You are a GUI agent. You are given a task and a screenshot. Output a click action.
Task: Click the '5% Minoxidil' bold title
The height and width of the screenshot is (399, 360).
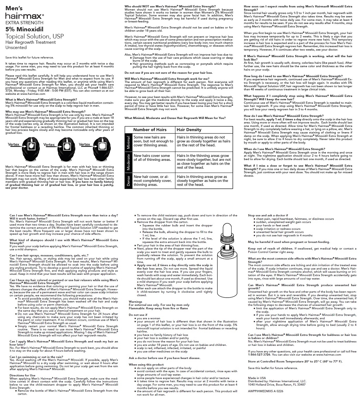tap(24, 29)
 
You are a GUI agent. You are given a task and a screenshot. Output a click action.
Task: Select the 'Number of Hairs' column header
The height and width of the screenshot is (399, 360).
tap(150, 130)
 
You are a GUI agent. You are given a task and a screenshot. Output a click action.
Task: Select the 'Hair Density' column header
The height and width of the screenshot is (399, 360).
tap(189, 130)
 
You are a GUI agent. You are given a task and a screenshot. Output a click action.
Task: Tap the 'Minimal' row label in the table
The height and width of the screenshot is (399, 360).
tap(128, 142)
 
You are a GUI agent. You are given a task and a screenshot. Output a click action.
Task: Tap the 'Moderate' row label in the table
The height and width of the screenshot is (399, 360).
tap(128, 162)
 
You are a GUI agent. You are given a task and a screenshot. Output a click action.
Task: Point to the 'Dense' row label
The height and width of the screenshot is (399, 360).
tap(128, 181)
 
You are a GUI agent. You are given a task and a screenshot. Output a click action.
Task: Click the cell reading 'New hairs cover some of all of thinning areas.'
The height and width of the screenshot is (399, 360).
tap(152, 158)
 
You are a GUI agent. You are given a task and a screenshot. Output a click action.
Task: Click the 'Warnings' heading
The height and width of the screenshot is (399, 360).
tap(135, 301)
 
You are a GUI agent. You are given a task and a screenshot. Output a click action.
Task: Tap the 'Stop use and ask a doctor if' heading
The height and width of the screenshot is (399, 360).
tap(268, 215)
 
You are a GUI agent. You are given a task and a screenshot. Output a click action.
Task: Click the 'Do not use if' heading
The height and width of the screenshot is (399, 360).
tap(138, 315)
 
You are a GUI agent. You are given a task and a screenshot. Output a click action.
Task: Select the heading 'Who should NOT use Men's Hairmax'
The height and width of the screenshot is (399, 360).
tap(170, 6)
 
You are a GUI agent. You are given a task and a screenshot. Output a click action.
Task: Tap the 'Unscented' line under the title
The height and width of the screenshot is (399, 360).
tap(16, 47)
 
